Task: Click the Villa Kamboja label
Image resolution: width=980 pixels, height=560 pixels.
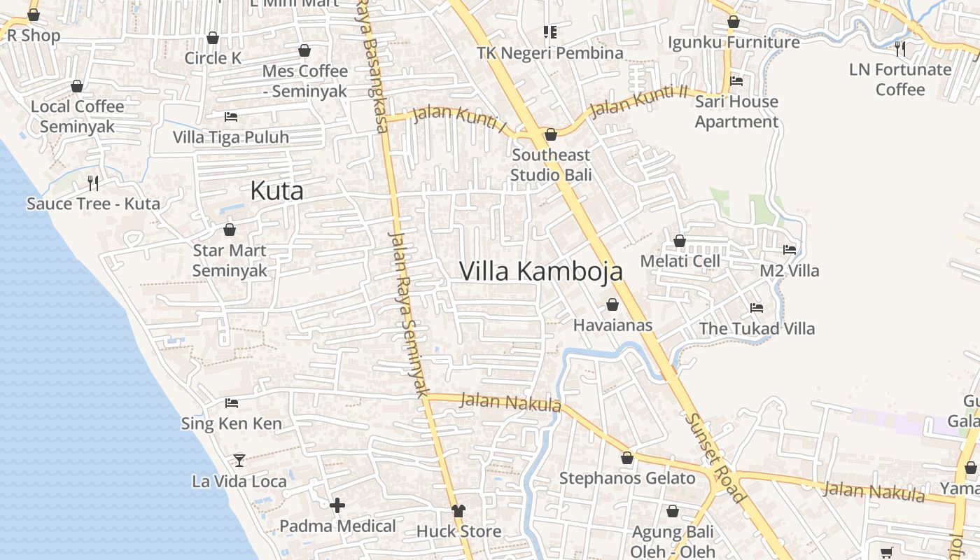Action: click(540, 271)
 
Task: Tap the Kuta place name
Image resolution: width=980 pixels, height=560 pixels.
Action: click(276, 190)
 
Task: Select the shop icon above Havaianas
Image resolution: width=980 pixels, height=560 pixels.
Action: click(612, 304)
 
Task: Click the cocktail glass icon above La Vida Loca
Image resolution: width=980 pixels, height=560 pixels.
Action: click(239, 460)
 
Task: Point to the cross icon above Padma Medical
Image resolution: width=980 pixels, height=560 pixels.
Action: click(337, 505)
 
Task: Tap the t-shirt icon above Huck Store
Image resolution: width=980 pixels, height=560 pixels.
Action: click(458, 510)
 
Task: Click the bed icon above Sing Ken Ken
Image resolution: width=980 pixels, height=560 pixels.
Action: click(232, 403)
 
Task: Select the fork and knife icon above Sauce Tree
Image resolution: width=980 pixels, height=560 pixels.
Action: click(93, 183)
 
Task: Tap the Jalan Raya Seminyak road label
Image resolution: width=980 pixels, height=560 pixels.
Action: click(407, 315)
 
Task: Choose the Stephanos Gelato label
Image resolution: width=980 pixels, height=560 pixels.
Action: click(627, 478)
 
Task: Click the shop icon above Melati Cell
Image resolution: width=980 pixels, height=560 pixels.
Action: click(679, 241)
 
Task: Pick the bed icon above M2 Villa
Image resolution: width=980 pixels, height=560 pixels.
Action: click(790, 250)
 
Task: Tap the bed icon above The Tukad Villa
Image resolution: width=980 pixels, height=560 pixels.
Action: click(757, 307)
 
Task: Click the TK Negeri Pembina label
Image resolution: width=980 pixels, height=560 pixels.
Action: click(549, 53)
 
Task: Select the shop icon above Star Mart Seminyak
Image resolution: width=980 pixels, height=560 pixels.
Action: click(230, 230)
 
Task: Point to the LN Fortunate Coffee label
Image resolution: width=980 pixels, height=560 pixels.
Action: click(900, 79)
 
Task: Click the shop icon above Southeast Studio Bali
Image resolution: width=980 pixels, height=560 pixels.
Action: click(551, 134)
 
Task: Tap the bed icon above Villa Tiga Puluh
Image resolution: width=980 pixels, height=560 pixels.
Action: click(231, 117)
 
